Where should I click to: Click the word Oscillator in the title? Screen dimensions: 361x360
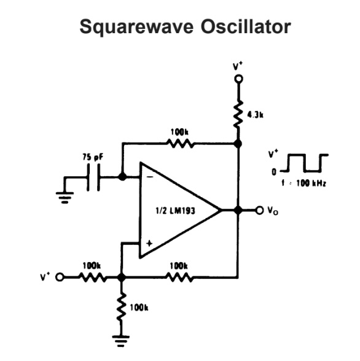(235, 28)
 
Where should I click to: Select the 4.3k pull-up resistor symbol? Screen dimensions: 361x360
(238, 115)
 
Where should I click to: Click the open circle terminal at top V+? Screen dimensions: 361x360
(238, 79)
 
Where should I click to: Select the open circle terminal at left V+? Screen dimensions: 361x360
(60, 278)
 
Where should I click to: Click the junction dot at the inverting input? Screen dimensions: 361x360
(122, 176)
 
